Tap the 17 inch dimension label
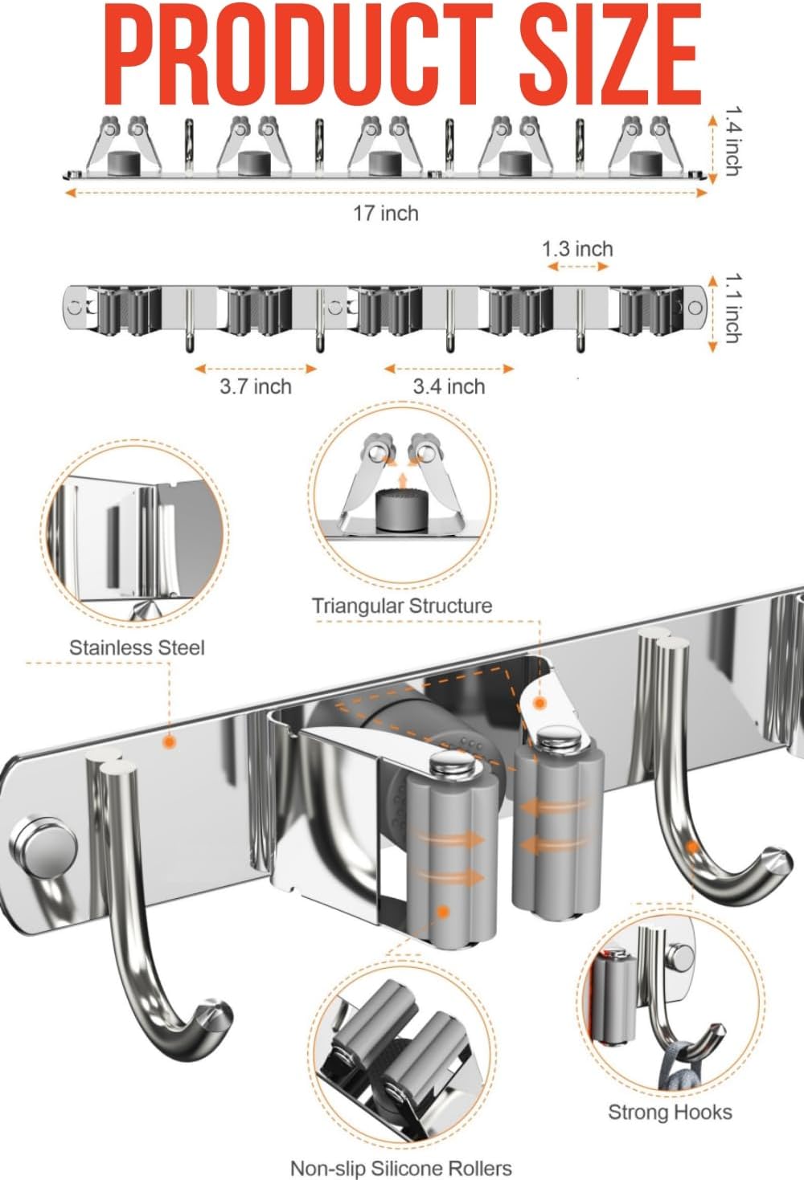click(x=386, y=214)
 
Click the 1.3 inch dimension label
click(x=577, y=249)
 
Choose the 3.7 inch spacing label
click(x=256, y=386)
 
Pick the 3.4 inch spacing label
click(x=449, y=386)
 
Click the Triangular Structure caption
click(x=402, y=606)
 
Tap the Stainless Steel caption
click(x=137, y=647)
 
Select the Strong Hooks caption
click(x=670, y=1112)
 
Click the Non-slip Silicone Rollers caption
click(x=400, y=1168)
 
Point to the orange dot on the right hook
click(x=691, y=846)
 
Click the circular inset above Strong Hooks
click(x=670, y=1004)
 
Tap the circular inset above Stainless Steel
click(x=135, y=534)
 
